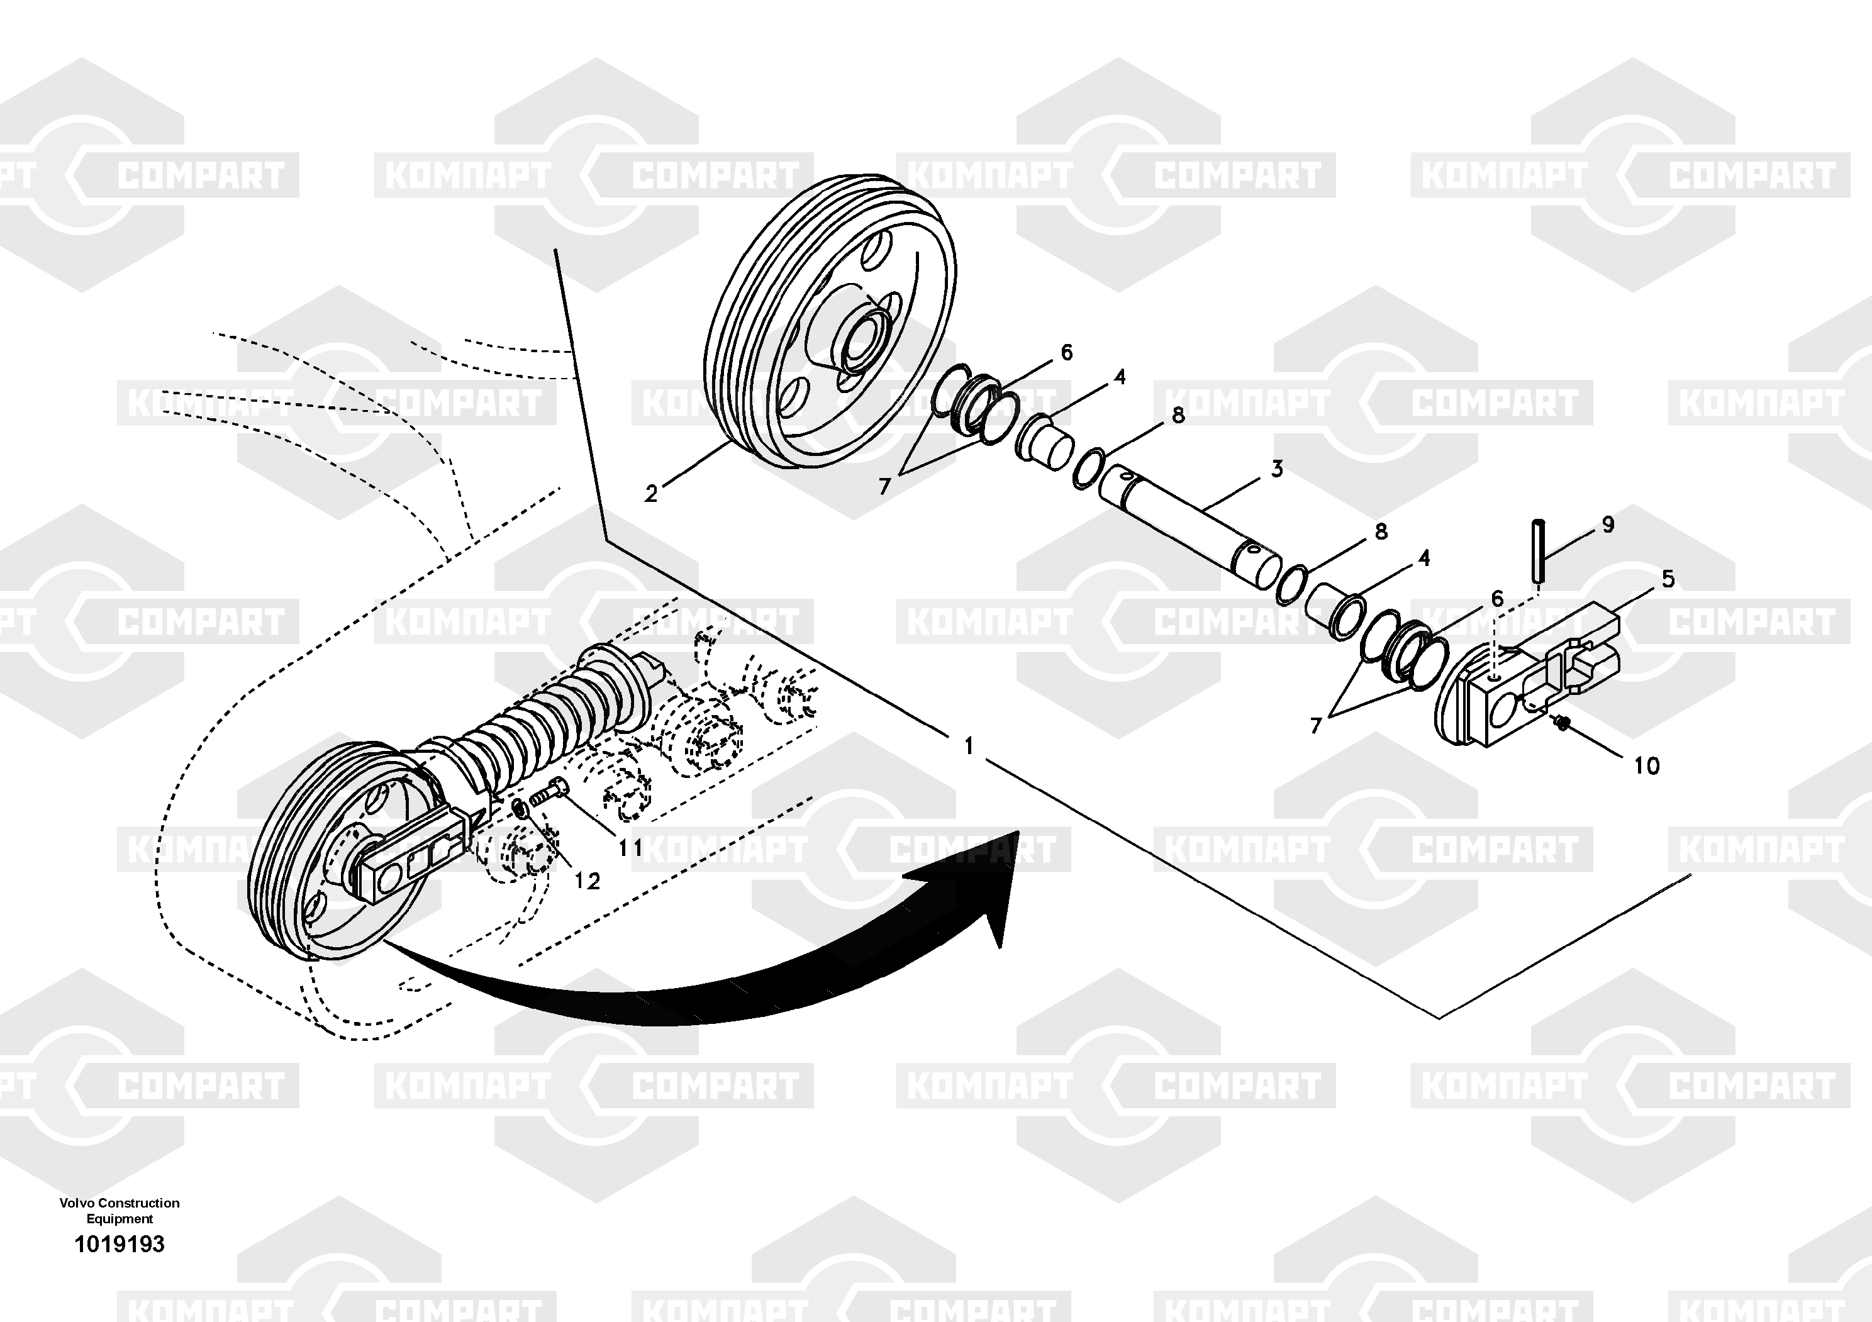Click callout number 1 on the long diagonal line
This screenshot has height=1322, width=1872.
(x=969, y=746)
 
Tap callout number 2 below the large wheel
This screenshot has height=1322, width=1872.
(x=650, y=494)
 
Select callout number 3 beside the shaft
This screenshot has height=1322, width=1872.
(x=1277, y=469)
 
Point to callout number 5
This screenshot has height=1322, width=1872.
(x=1668, y=579)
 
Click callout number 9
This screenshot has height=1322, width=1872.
(x=1608, y=524)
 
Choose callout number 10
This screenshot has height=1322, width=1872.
(x=1647, y=765)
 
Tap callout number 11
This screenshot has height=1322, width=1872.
(x=630, y=848)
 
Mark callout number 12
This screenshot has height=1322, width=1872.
(x=587, y=880)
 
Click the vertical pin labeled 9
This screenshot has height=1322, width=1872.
(x=1539, y=550)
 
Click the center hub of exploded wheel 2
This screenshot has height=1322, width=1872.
(x=866, y=338)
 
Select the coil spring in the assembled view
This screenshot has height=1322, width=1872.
(x=530, y=717)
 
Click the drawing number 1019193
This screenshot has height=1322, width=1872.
(x=119, y=1244)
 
